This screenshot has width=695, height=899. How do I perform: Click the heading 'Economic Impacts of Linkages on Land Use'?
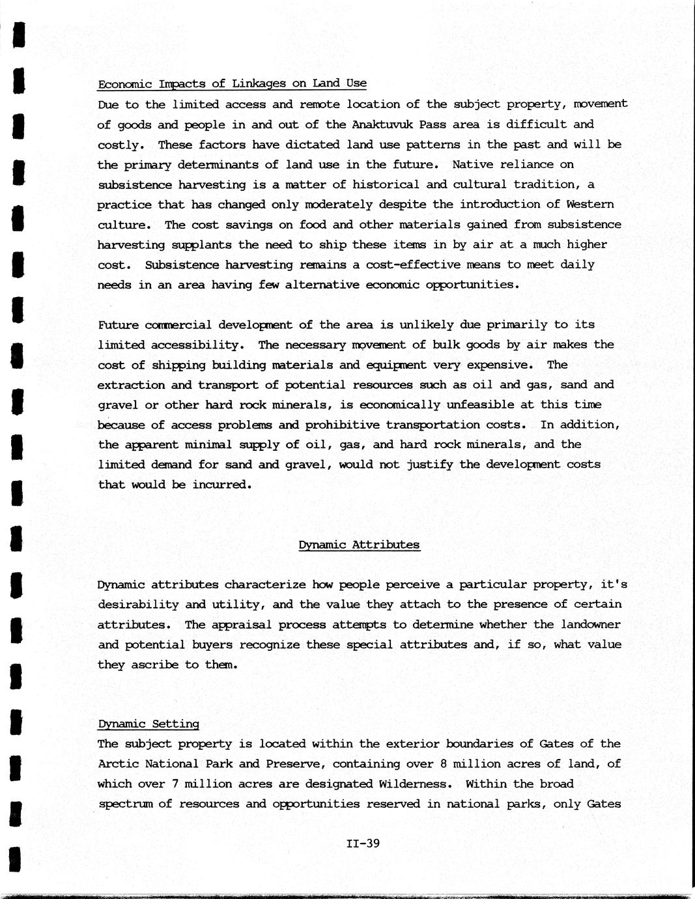click(x=232, y=83)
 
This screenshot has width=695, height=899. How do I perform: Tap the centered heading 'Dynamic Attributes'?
click(x=359, y=545)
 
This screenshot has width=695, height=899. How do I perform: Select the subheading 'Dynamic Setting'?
click(x=149, y=724)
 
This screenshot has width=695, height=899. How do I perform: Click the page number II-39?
click(x=363, y=844)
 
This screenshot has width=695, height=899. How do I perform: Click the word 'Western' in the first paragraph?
click(x=590, y=205)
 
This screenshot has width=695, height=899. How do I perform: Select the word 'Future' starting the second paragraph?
click(x=118, y=324)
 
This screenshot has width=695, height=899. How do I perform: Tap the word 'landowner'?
click(x=590, y=625)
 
